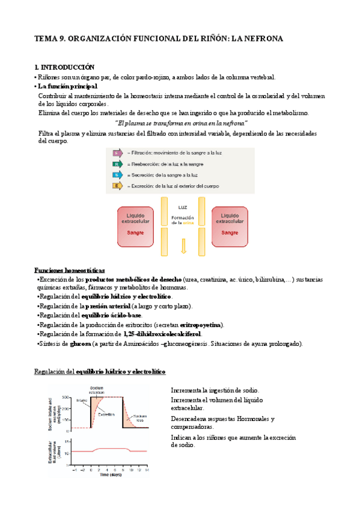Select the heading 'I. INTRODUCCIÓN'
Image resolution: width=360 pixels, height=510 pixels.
(65, 67)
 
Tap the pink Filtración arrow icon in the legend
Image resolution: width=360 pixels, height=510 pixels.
(117, 153)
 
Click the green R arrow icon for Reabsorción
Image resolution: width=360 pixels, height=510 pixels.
(117, 164)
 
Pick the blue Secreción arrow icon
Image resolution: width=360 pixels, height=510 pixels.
(117, 175)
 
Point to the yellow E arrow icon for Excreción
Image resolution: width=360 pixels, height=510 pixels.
(117, 186)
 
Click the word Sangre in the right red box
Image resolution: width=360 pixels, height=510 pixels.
(230, 232)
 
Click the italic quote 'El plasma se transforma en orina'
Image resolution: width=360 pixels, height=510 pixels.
(181, 122)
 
